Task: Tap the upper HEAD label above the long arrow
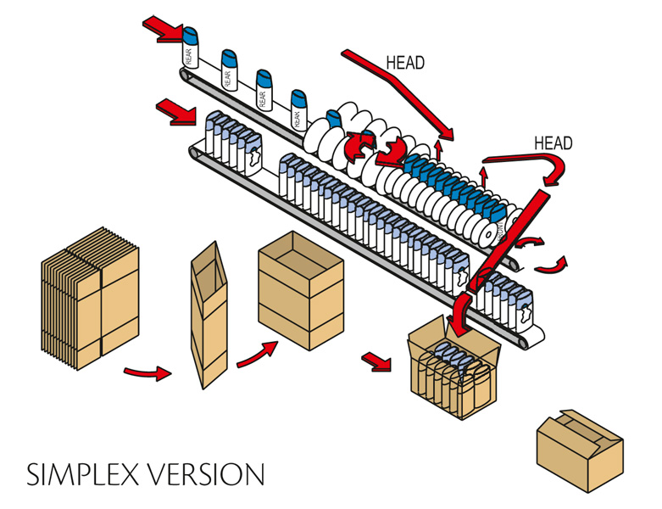coord(405,63)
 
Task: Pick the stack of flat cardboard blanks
coord(90,299)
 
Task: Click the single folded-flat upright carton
coord(209,314)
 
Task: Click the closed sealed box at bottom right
coord(580,449)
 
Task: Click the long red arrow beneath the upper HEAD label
coord(398,89)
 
